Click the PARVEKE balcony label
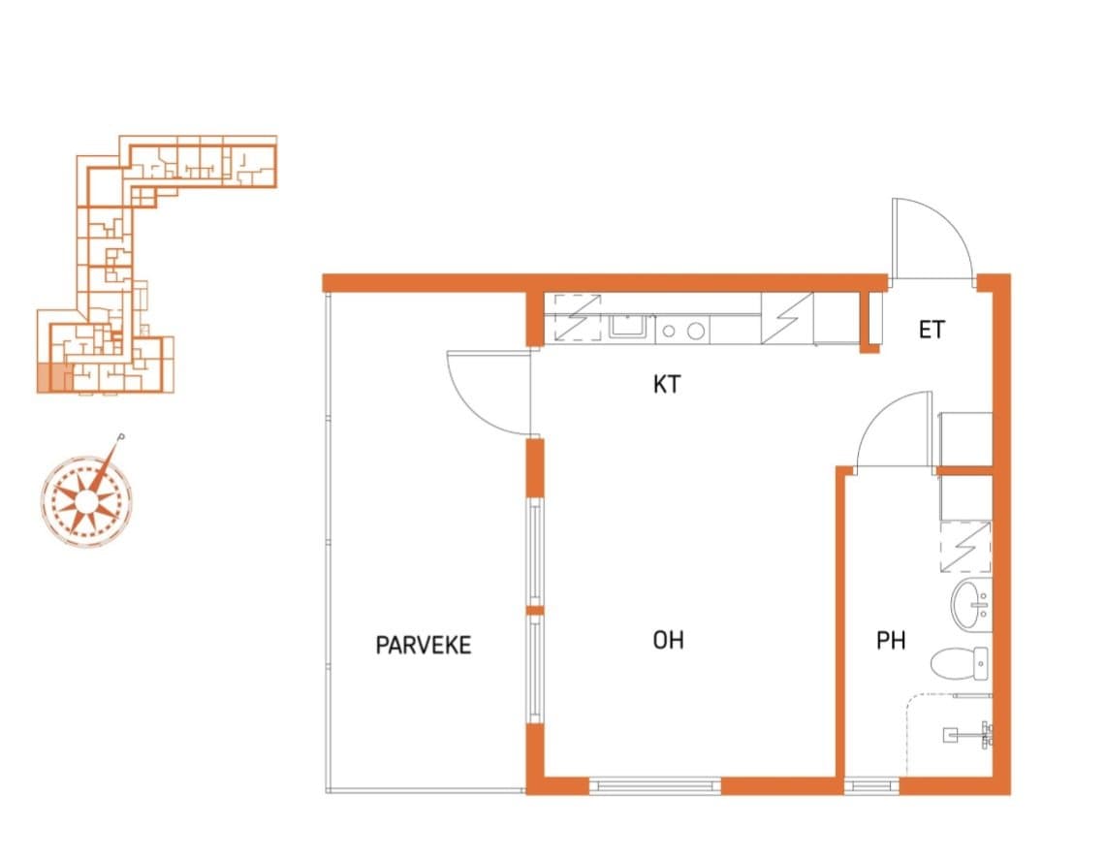point(424,645)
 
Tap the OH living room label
point(668,640)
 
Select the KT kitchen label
point(667,385)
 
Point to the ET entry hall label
point(932,330)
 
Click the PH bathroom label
point(891,641)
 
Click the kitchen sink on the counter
point(631,329)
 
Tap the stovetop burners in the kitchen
point(682,331)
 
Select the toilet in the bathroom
point(960,663)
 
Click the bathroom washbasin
point(971,605)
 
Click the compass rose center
point(86,501)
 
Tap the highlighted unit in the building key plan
point(54,377)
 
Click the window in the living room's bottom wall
point(654,784)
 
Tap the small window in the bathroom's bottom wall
point(871,784)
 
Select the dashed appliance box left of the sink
point(578,318)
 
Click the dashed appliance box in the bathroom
point(965,546)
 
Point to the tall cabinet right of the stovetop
point(787,318)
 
